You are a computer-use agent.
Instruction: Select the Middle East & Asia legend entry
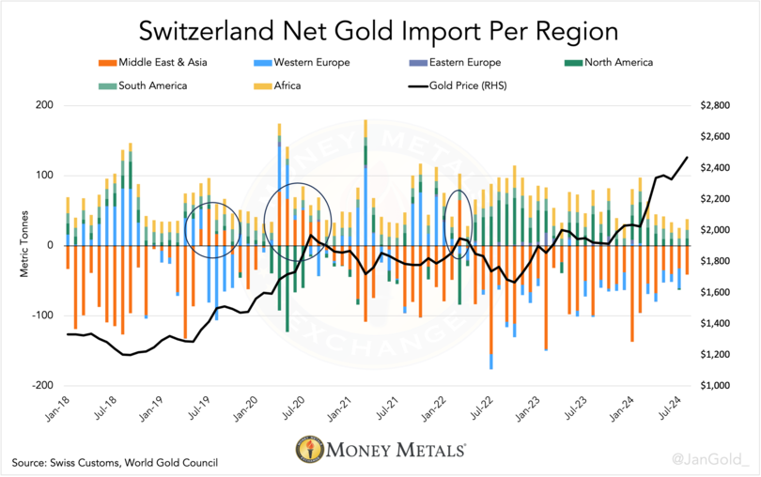coord(155,64)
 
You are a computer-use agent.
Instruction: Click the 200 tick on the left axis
coord(43,105)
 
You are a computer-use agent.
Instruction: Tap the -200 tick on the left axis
coord(40,386)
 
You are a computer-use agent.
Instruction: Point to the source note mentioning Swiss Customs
coord(116,462)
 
